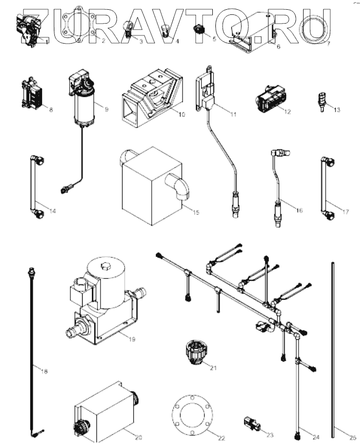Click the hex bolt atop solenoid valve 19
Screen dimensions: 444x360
106,266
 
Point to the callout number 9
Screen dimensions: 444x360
106,109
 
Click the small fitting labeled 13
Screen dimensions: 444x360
322,98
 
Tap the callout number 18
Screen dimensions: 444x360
44,371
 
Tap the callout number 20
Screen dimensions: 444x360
138,437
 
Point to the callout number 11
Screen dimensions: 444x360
233,114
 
